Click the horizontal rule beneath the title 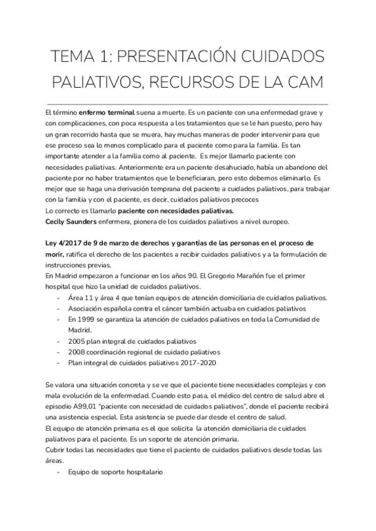[x=187, y=102]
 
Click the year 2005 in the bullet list [x=78, y=341]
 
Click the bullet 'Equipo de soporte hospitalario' [x=116, y=472]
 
